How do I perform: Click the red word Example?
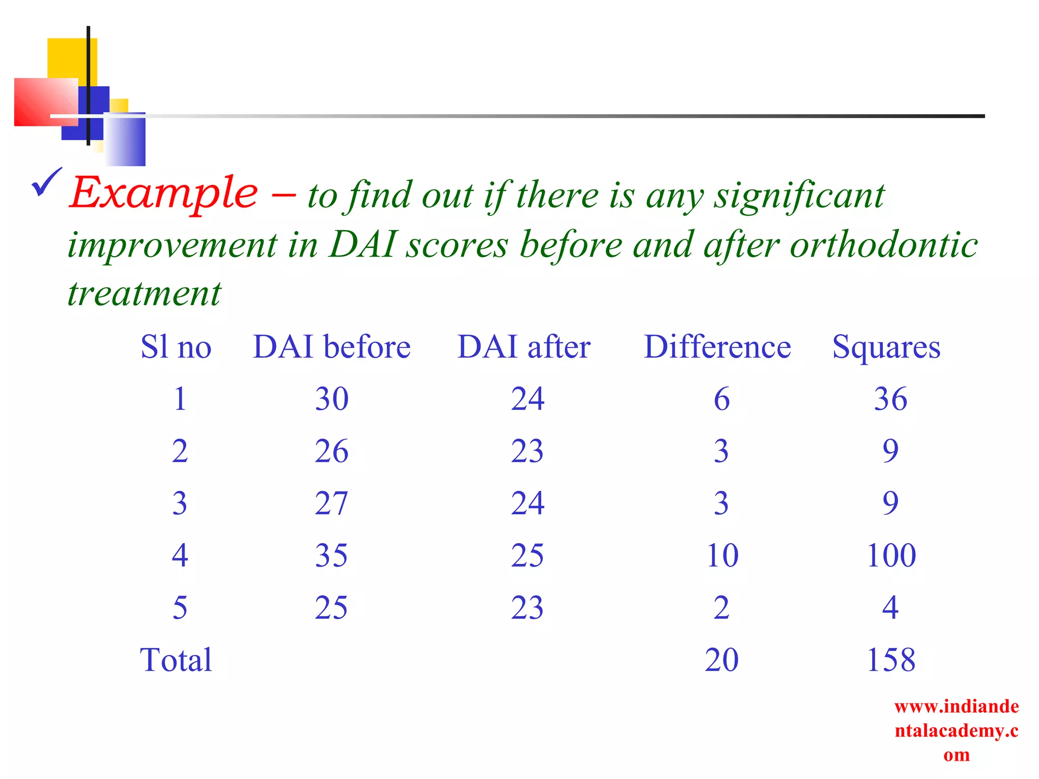tap(163, 193)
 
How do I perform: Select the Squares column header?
tap(886, 348)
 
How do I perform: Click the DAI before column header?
tap(331, 347)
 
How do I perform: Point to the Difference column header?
tap(717, 347)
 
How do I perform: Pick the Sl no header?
tap(176, 347)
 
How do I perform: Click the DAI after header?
tap(524, 347)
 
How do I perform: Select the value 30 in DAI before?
tap(331, 399)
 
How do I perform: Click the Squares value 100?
tap(891, 555)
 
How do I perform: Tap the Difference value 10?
tap(721, 555)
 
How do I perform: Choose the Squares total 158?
tap(891, 660)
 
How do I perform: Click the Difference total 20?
tap(721, 660)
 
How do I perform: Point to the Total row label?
tap(176, 660)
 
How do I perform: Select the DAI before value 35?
tap(331, 555)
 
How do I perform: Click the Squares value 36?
tap(890, 399)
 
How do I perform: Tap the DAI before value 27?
tap(331, 504)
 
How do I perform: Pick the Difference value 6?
tap(721, 399)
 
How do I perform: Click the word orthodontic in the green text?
tap(883, 245)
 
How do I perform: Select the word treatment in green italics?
tap(145, 294)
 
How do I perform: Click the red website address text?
tap(956, 730)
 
